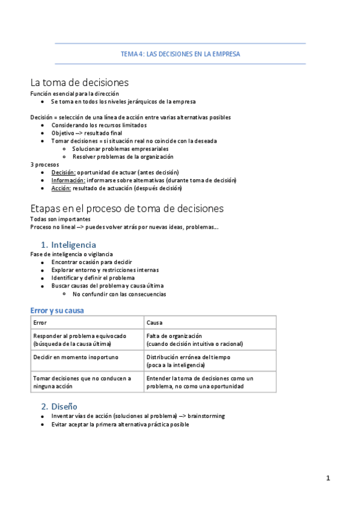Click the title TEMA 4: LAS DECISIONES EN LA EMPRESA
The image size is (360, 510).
click(x=180, y=54)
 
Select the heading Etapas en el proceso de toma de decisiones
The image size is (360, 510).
click(x=127, y=208)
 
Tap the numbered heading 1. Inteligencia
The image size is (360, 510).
click(x=68, y=245)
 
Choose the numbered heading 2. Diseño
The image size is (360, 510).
click(x=59, y=406)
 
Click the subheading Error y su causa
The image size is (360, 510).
click(x=57, y=310)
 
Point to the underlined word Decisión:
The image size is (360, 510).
click(x=63, y=172)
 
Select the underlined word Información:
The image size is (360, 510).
click(x=67, y=180)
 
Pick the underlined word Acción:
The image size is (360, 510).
click(x=61, y=188)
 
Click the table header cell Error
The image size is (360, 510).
click(x=40, y=323)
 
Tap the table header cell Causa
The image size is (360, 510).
click(x=154, y=323)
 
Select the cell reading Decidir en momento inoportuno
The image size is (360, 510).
click(x=76, y=357)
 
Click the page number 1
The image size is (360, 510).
click(x=328, y=478)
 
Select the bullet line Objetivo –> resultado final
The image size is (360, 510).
click(x=87, y=133)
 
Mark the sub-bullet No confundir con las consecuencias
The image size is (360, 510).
click(x=119, y=294)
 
